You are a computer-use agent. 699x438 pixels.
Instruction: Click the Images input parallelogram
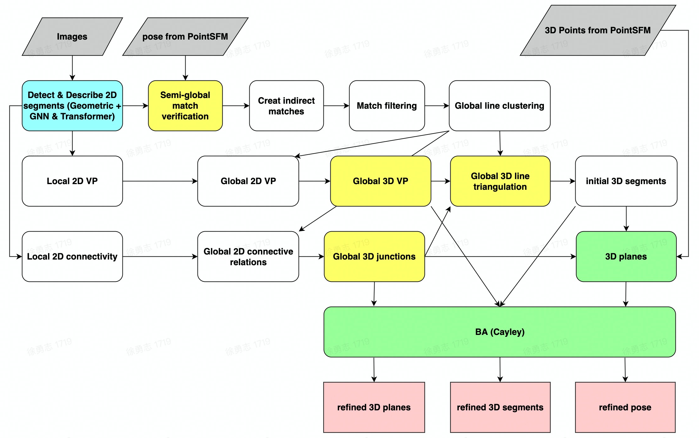[72, 37]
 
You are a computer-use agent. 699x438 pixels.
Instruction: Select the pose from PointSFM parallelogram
[185, 37]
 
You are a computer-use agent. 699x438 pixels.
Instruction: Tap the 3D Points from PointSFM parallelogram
[598, 30]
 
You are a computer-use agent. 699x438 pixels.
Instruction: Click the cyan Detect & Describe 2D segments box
[72, 106]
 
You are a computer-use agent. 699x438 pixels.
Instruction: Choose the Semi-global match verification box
[185, 106]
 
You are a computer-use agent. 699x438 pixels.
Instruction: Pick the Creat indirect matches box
[286, 106]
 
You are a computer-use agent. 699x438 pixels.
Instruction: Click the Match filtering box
[387, 106]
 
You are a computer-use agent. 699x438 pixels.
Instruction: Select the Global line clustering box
[499, 106]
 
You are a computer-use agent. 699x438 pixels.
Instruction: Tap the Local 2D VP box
[72, 181]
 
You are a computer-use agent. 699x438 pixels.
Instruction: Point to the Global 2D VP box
[248, 181]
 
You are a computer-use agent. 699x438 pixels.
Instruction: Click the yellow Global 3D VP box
[380, 181]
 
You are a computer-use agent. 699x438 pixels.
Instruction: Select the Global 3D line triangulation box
[500, 181]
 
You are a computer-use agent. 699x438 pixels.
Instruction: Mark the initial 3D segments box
[626, 181]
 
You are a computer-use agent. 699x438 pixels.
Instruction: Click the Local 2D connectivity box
[72, 256]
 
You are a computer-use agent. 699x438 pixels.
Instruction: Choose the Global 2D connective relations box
[248, 256]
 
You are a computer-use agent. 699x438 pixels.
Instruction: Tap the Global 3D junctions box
[374, 256]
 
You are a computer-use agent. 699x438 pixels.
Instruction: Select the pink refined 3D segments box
[500, 407]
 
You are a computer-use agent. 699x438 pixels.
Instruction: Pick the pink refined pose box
[625, 407]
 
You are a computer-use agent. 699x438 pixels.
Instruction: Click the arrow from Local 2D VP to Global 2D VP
[160, 181]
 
